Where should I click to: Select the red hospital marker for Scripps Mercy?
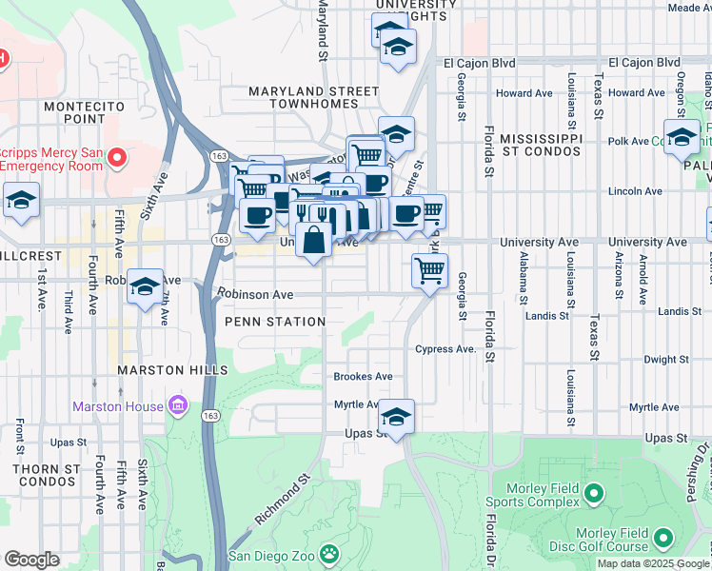click(x=118, y=156)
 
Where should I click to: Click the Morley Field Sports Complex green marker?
click(x=594, y=492)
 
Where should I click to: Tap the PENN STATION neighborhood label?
click(x=275, y=322)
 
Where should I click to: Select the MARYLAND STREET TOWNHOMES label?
click(x=313, y=99)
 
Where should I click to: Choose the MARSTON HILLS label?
click(x=172, y=369)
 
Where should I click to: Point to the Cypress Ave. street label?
click(x=445, y=349)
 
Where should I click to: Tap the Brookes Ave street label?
click(x=363, y=377)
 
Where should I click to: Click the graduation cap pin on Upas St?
click(x=396, y=417)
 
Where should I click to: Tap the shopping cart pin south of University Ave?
click(x=429, y=270)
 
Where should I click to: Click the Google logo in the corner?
click(x=32, y=560)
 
